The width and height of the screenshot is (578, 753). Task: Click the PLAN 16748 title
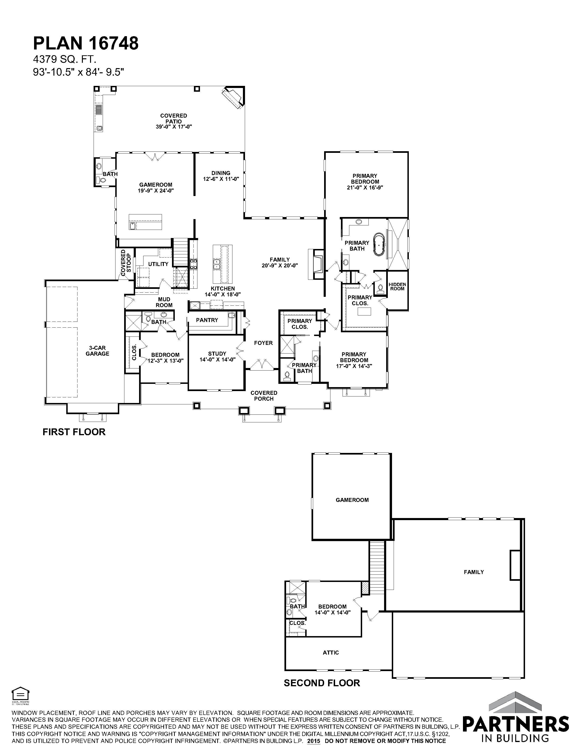86,43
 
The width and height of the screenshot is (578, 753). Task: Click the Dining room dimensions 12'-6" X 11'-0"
221,179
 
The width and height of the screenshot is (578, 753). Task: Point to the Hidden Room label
397,287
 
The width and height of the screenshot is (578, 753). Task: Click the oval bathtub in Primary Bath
379,245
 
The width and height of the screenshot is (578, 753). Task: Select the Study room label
217,354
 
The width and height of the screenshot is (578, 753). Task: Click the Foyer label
263,343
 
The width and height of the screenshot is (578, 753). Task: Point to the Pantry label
207,320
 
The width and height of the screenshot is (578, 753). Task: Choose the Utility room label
158,264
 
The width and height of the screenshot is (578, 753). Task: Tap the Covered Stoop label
126,263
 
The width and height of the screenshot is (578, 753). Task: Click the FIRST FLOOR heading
74,432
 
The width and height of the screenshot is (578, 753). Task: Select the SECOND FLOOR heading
322,683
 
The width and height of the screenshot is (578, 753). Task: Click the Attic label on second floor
331,653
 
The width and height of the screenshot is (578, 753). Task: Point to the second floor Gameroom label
352,500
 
